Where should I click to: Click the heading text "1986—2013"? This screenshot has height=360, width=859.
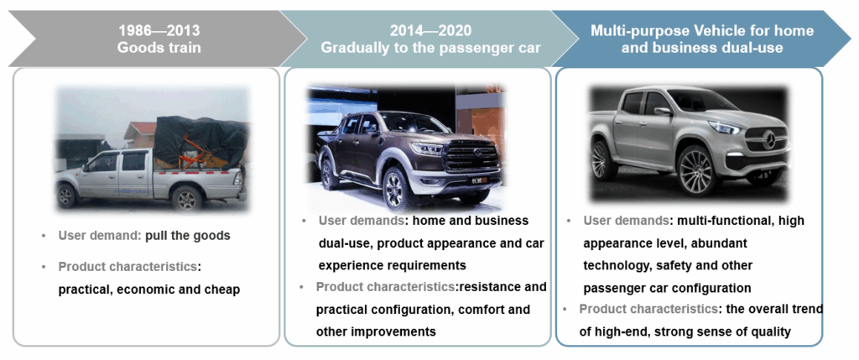(x=159, y=31)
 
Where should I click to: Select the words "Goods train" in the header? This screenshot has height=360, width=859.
(x=159, y=48)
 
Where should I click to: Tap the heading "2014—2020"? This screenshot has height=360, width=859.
(x=430, y=31)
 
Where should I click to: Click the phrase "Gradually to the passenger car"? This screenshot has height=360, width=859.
(x=430, y=48)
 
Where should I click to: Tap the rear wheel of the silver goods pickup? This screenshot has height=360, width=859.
(x=187, y=198)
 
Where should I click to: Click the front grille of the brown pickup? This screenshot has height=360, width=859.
(x=471, y=156)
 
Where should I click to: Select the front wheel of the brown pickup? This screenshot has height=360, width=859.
(x=395, y=190)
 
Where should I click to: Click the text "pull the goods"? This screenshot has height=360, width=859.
(x=187, y=236)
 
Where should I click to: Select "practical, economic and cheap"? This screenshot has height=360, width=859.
(x=149, y=290)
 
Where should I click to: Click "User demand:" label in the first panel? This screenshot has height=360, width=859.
(x=100, y=236)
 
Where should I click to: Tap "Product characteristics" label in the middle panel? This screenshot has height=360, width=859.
(x=385, y=287)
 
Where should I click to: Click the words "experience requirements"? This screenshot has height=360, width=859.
(x=393, y=265)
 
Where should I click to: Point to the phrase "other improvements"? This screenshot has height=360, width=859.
(x=376, y=331)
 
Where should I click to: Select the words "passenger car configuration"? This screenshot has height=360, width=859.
(x=667, y=288)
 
